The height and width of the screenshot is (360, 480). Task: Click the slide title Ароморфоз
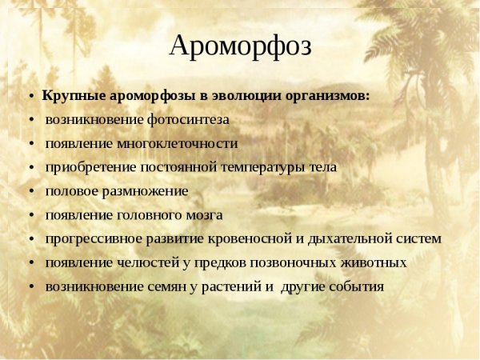(240, 46)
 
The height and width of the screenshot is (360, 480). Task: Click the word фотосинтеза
(188, 119)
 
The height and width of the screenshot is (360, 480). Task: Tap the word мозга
(204, 215)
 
